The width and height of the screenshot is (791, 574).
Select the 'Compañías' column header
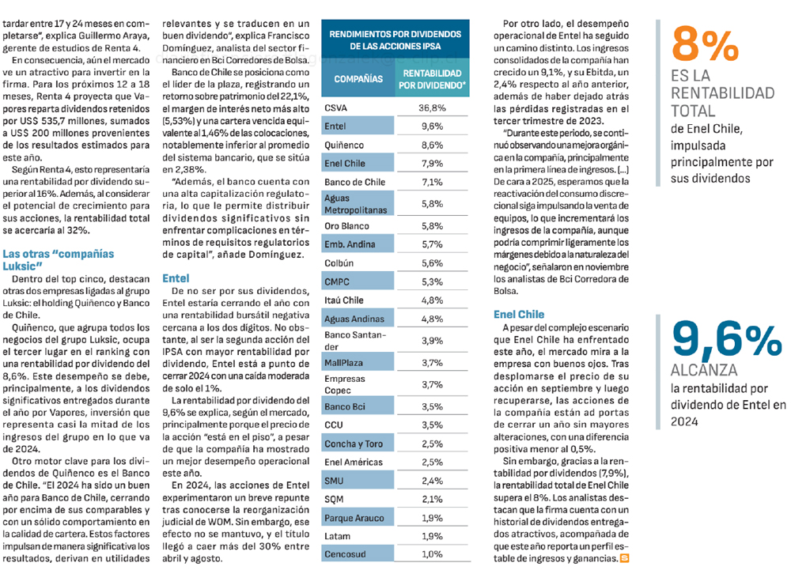[x=358, y=79]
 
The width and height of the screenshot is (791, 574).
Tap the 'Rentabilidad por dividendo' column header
[x=432, y=79]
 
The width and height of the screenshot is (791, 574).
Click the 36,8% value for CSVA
[x=433, y=108]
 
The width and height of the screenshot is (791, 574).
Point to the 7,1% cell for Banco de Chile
[x=433, y=182]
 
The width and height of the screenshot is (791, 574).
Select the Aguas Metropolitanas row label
[x=356, y=204]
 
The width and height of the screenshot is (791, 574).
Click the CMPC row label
[x=337, y=282]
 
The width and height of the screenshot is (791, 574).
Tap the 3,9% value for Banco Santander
[x=433, y=341]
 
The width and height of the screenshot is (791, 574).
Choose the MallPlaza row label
[x=343, y=363]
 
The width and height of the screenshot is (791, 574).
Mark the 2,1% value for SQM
[x=433, y=500]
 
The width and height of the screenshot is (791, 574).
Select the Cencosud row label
[x=345, y=554]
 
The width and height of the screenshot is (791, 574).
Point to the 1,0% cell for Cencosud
[x=433, y=554]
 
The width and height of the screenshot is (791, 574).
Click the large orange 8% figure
[x=705, y=44]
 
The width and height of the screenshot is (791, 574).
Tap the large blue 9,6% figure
[x=727, y=339]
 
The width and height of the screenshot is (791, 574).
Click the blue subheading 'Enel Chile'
[x=519, y=315]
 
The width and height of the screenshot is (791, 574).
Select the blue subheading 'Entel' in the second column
[x=176, y=278]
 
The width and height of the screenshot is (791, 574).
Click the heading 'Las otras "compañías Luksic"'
[x=58, y=260]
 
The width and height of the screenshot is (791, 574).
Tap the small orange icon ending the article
[x=625, y=558]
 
